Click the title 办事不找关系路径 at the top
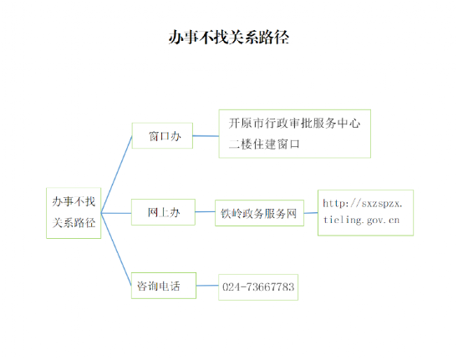point(229,38)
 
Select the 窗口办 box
point(162,135)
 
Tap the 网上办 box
point(163,212)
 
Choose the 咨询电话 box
point(164,286)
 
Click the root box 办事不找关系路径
point(74,213)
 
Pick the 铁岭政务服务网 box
point(259,213)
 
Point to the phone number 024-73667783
point(258,287)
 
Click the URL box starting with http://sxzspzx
point(366,213)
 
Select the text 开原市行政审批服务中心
point(294,124)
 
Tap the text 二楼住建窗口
point(264,144)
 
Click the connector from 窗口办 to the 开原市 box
point(206,136)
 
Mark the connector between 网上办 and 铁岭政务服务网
point(205,211)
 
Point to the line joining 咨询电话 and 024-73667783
point(207,286)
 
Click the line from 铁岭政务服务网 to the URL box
point(311,213)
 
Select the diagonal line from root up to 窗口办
point(116,175)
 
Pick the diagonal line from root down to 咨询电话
point(116,250)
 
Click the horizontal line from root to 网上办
point(116,213)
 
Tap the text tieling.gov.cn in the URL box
point(361,221)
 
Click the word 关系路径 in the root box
point(74,223)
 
